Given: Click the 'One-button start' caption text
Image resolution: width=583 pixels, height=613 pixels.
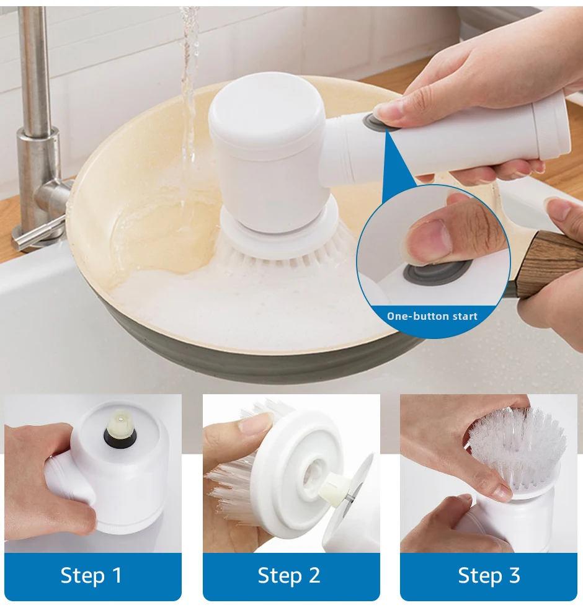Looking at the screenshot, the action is (432, 316).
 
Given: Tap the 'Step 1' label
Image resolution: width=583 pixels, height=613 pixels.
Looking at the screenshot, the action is (91, 575).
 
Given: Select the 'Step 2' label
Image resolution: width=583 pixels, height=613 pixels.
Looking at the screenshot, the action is (289, 575).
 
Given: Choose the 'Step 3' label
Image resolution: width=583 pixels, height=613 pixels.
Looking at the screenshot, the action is (489, 575).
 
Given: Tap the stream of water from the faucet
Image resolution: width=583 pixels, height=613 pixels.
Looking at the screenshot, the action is (189, 98).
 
